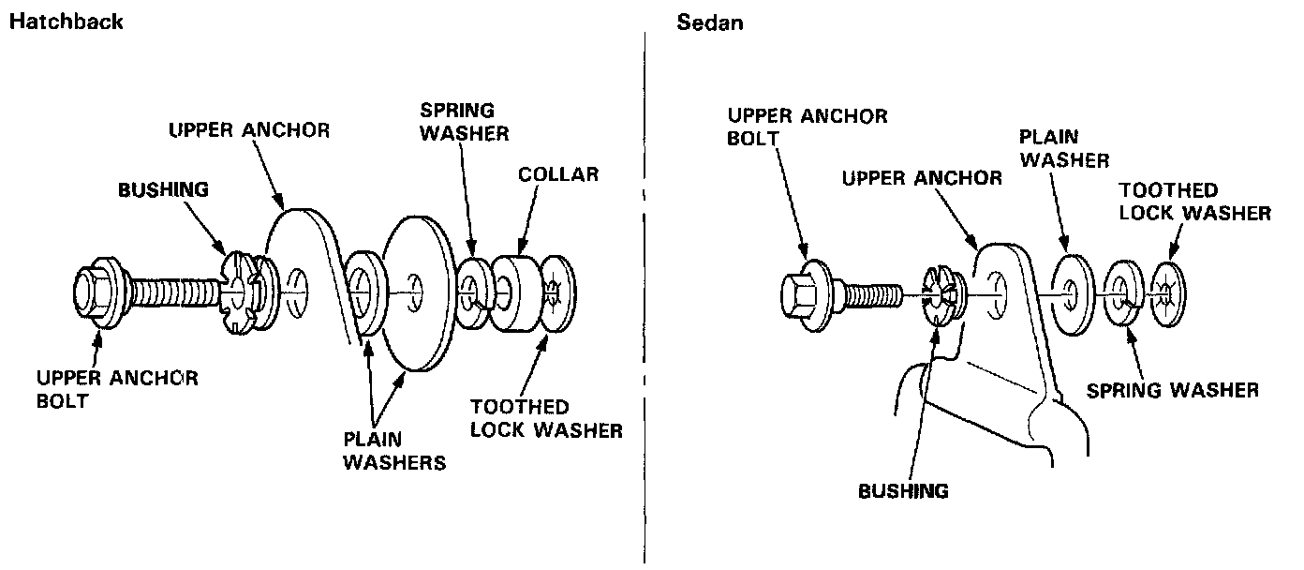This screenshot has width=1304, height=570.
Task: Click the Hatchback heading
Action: (x=66, y=22)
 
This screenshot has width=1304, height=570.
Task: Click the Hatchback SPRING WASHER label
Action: (x=464, y=121)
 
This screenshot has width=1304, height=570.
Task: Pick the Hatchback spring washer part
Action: (x=474, y=292)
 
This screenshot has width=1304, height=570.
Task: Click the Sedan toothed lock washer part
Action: (x=1167, y=290)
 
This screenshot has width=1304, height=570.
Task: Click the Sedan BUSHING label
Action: (x=903, y=490)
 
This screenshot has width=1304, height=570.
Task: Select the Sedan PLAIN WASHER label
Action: (x=1064, y=147)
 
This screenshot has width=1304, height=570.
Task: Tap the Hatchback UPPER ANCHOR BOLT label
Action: (x=116, y=389)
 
